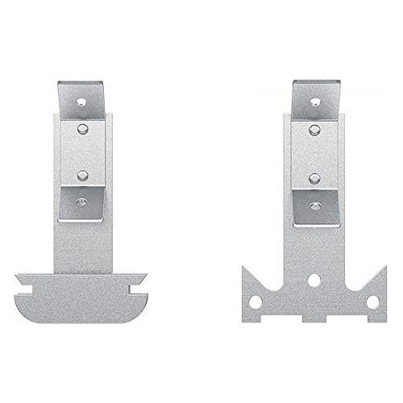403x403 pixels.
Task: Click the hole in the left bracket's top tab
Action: point(83,102)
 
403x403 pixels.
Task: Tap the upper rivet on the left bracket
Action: point(83,128)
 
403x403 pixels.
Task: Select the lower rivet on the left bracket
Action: point(83,172)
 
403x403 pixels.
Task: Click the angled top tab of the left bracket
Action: point(84,98)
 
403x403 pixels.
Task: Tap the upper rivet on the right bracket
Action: point(316,129)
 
